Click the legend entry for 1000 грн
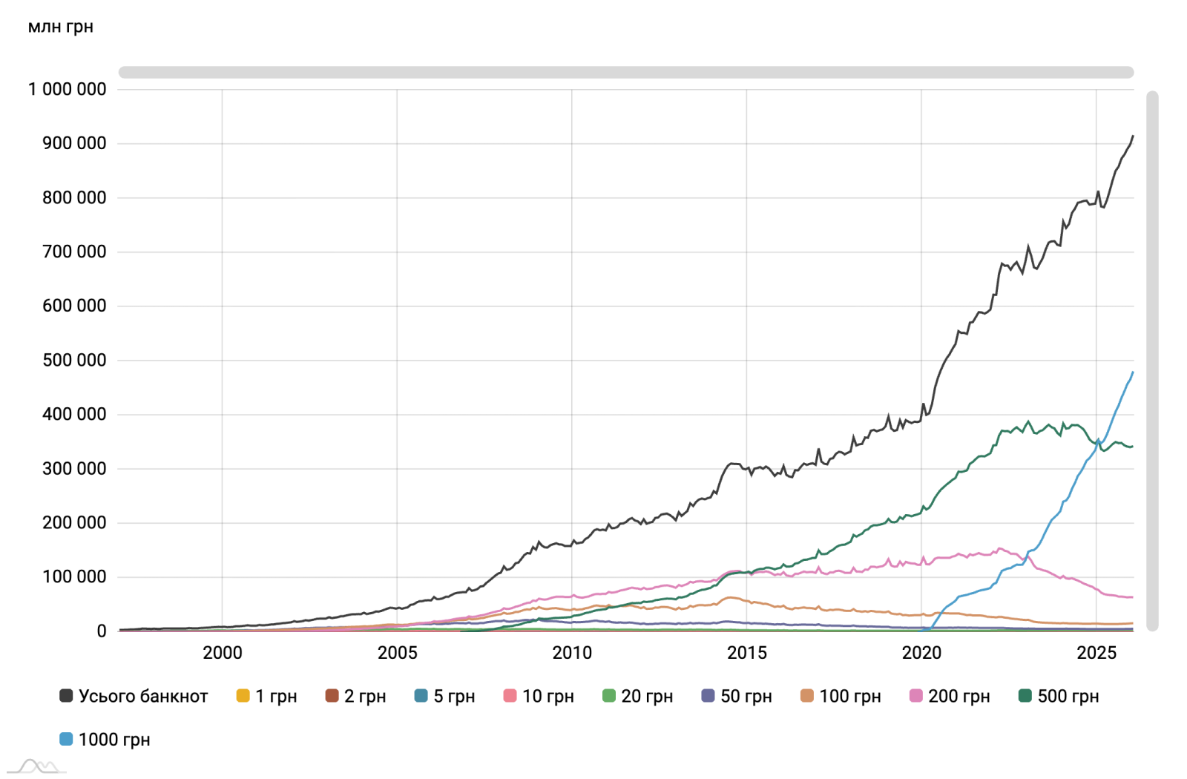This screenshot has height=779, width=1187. pos(105,740)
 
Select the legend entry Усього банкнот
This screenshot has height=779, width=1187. pos(134,696)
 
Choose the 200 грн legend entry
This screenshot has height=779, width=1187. pos(950,696)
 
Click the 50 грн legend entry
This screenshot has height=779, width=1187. pos(737,696)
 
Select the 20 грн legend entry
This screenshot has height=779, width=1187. pos(637,696)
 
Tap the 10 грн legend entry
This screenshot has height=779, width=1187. pos(539,696)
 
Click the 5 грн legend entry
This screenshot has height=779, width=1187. pos(444,696)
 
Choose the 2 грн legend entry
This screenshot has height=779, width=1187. pos(355,696)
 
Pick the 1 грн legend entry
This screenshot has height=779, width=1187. pos(266,696)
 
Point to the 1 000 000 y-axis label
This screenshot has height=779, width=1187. pos(68,89)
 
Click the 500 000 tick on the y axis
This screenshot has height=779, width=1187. pos(74,361)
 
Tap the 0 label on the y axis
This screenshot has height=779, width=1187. pos(102,631)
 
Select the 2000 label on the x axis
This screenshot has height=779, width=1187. pos(223,653)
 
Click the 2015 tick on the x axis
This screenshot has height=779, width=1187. pos(747,653)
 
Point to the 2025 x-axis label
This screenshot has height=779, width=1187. pos(1096,653)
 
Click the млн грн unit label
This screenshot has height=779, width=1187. pos(61,27)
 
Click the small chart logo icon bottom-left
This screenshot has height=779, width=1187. pos(37,766)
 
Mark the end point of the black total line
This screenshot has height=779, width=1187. pos(1133,137)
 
